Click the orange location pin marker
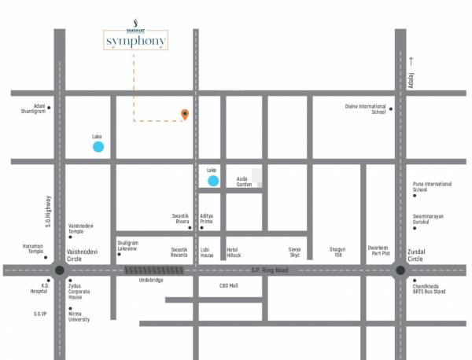click(185, 116)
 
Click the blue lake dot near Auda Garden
click(212, 182)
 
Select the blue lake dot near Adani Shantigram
click(98, 147)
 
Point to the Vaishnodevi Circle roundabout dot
click(60, 270)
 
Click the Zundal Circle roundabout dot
click(400, 270)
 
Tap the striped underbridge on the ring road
click(154, 270)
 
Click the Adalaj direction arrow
click(410, 60)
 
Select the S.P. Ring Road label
click(270, 270)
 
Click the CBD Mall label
click(229, 286)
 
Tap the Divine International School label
click(366, 109)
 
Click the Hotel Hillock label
click(234, 252)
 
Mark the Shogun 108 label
click(337, 252)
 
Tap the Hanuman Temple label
click(32, 248)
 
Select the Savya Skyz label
click(294, 252)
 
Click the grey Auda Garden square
click(256, 177)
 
